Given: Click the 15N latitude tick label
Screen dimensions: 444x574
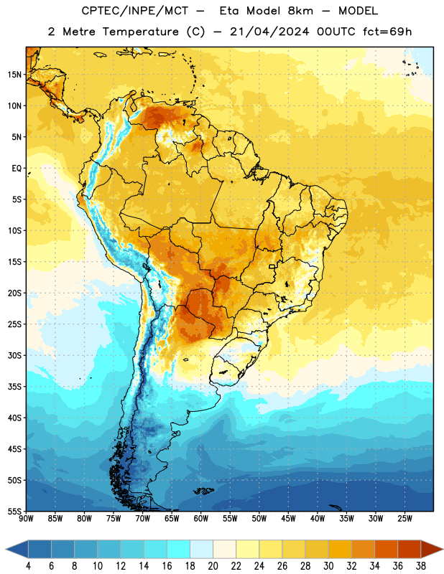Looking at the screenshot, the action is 14,75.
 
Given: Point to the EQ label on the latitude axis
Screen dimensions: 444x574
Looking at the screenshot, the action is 17,169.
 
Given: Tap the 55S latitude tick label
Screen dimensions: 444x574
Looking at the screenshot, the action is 14,511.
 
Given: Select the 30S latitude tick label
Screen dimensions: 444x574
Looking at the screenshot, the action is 14,355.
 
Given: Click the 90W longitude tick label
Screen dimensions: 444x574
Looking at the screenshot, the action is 26,519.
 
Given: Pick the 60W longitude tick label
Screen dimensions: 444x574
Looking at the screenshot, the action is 201,519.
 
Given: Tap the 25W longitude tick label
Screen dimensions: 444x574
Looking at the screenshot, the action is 404,519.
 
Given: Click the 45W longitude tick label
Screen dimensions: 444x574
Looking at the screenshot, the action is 288,519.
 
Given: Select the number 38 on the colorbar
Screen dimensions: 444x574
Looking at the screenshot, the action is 421,566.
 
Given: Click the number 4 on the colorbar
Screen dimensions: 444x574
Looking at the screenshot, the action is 28,566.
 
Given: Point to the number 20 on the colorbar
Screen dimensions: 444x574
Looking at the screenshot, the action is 213,566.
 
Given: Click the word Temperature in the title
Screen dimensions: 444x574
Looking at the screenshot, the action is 140,32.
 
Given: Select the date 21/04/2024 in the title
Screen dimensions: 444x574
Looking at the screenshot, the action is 269,32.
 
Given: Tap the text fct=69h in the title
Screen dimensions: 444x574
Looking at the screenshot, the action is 387,32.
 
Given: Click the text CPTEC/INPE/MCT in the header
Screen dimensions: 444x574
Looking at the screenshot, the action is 134,11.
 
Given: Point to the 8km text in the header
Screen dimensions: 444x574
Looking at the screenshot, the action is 300,11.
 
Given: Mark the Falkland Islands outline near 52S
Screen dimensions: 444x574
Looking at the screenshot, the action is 203,491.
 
